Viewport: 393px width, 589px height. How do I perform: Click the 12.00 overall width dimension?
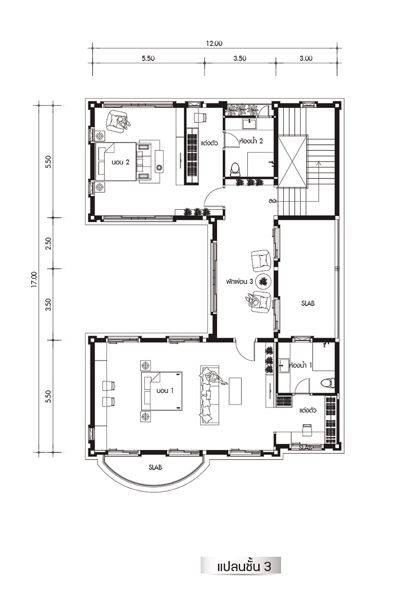214,43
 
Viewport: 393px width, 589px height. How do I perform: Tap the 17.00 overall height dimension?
35,279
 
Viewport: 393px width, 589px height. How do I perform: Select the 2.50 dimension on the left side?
49,243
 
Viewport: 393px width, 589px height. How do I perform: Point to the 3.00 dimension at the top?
306,58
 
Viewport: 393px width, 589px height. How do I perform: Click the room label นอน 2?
121,162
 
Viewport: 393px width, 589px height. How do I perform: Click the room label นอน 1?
165,390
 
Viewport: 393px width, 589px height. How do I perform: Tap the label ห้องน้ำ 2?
251,141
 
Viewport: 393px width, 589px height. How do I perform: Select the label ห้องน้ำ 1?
300,365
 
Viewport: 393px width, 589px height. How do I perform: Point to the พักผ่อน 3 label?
239,282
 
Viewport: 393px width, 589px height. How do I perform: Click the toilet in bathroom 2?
235,170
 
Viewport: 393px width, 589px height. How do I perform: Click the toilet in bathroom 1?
328,382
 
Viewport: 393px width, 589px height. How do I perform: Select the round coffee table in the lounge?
263,282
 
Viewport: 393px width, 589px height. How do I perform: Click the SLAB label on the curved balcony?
155,467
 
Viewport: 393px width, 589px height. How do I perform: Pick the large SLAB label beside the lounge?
308,303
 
